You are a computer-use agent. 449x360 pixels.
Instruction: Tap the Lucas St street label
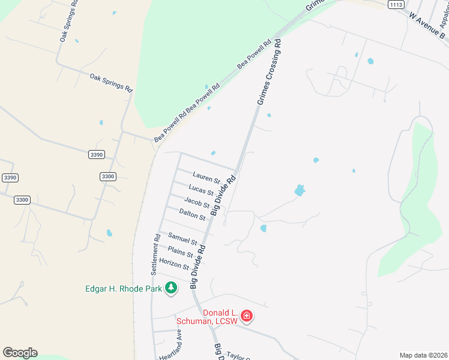tap(201, 190)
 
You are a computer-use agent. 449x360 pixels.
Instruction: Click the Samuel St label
tap(182, 238)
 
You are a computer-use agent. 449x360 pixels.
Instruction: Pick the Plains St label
tap(180, 252)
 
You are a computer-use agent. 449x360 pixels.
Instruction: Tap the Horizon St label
tap(174, 263)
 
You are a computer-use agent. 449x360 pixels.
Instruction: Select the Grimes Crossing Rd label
tap(269, 73)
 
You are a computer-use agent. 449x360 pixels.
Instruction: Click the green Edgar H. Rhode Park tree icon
tap(171, 289)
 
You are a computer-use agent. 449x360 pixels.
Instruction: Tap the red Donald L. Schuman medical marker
tap(246, 316)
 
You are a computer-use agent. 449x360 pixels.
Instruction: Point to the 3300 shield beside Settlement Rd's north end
tap(107, 176)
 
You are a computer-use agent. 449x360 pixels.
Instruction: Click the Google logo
tap(20, 353)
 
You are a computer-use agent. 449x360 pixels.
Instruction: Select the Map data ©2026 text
tap(423, 355)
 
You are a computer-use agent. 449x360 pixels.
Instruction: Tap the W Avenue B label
tap(428, 27)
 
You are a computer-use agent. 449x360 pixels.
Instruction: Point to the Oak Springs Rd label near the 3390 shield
tap(111, 82)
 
